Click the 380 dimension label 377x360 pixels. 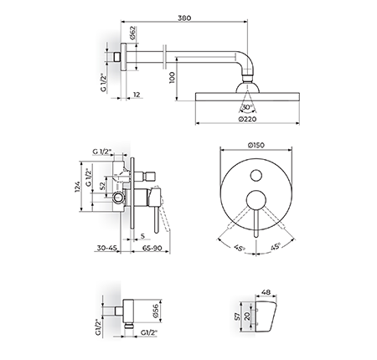[x=184, y=18]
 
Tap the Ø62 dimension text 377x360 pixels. [x=132, y=33]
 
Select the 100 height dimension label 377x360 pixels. [x=172, y=78]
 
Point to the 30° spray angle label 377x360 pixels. [x=247, y=107]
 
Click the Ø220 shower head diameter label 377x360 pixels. [x=247, y=119]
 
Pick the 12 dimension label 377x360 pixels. [x=137, y=95]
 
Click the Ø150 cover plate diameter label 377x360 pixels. [x=256, y=146]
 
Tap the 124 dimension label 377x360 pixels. [x=77, y=187]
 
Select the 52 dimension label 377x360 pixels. [x=102, y=186]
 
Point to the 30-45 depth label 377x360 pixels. [x=106, y=248]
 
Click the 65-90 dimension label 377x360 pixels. [x=152, y=248]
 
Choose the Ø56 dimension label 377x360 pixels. [x=156, y=311]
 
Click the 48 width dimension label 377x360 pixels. [x=266, y=292]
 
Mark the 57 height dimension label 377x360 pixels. [x=238, y=316]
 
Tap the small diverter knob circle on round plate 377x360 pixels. [x=256, y=175]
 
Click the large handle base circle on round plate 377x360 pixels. [x=256, y=200]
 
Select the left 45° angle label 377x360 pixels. [x=240, y=248]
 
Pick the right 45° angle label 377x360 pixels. [x=275, y=246]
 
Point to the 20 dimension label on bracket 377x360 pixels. [x=247, y=316]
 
